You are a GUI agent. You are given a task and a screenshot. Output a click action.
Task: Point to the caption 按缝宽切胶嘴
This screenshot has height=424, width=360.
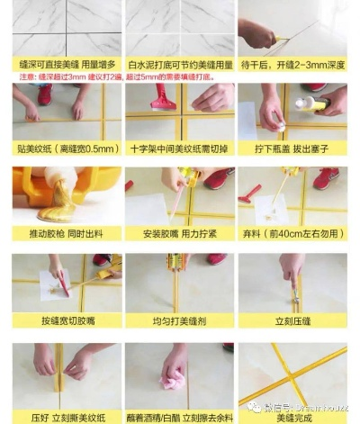pos(66,320)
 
